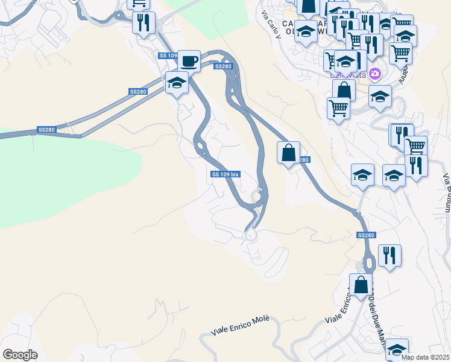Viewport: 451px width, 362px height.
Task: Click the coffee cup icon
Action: pos(189,60)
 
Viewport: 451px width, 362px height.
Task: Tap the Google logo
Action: pos(20,355)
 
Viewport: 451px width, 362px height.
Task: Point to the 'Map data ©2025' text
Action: pos(426,357)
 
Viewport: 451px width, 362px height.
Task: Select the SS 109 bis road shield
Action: pos(226,174)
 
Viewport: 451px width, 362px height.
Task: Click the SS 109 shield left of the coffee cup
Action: pos(168,56)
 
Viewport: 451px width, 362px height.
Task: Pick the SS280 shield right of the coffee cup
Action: pos(222,66)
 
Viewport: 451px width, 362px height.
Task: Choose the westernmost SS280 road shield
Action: pos(46,130)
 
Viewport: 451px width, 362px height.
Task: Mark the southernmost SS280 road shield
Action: pos(365,235)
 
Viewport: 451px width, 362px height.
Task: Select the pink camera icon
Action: pos(375,74)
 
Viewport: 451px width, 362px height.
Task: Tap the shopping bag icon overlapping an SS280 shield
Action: pos(289,153)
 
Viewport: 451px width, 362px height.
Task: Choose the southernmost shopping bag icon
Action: pos(361,285)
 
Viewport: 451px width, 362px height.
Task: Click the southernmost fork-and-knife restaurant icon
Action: pos(389,255)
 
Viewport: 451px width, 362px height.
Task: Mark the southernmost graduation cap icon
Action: pos(397,349)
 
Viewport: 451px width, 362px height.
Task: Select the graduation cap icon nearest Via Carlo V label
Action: pos(306,32)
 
